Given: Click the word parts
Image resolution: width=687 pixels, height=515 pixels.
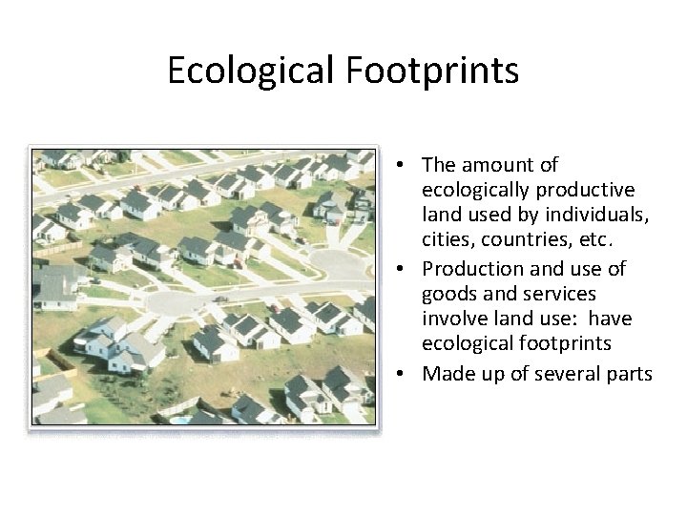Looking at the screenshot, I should coord(622,373).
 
